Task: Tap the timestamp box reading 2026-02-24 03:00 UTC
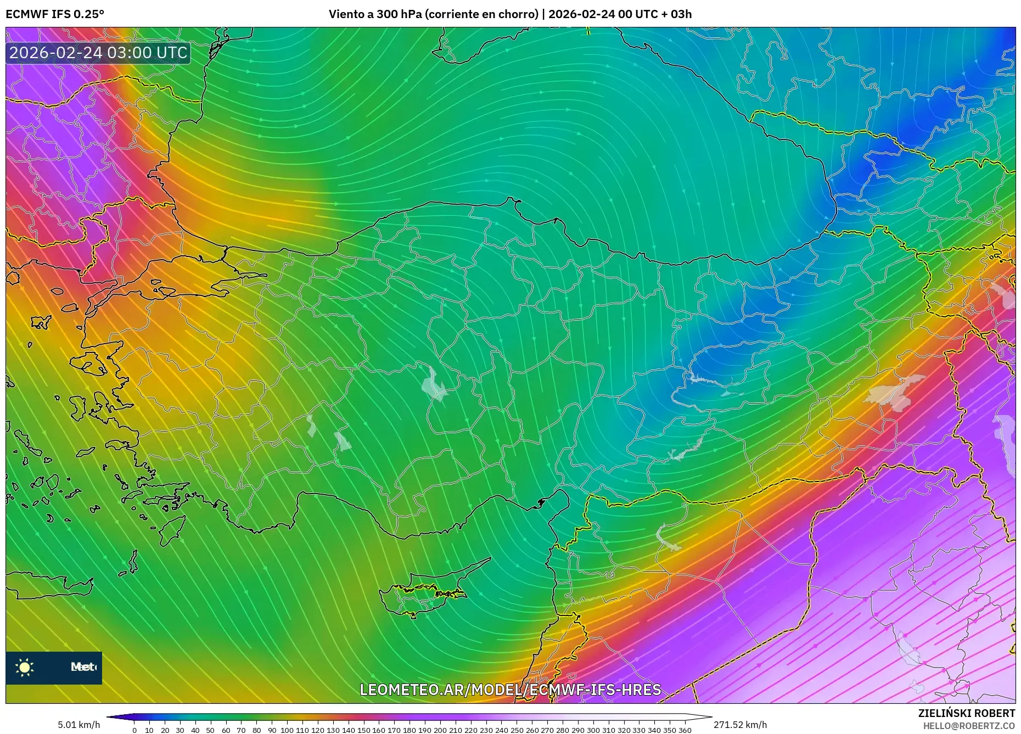tap(98, 53)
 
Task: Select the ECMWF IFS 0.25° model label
tap(55, 14)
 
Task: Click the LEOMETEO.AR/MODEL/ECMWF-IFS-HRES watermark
tap(510, 690)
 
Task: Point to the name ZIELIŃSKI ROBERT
tap(966, 713)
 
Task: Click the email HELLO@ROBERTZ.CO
tap(969, 726)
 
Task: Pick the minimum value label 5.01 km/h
tap(78, 725)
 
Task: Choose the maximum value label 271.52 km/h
tap(740, 725)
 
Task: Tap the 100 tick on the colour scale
tap(287, 730)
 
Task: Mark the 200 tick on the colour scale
tap(440, 730)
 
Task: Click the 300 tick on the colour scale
tap(593, 730)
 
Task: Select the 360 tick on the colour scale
tap(685, 730)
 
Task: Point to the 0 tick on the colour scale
tap(134, 730)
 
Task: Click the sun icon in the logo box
tap(25, 668)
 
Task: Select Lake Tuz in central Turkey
tap(434, 384)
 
